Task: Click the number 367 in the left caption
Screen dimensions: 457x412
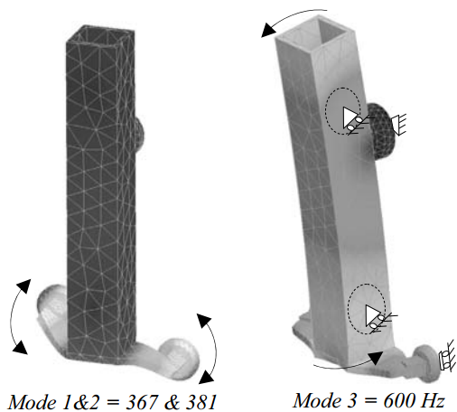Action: [142, 402]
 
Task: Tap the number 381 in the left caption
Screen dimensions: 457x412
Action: [201, 402]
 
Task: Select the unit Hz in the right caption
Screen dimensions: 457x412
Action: [434, 401]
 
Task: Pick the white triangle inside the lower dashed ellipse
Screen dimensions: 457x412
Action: [371, 315]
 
